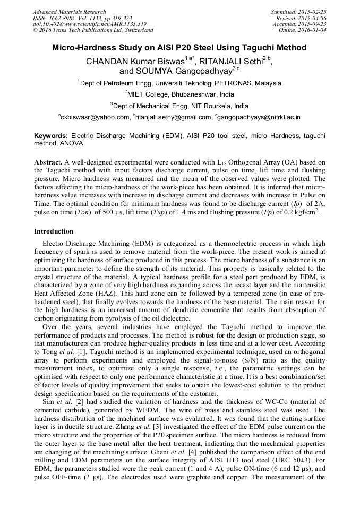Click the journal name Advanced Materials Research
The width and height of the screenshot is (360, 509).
[69, 12]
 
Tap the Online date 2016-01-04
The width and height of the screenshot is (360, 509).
[314, 30]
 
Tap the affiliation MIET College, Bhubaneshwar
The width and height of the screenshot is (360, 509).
[179, 94]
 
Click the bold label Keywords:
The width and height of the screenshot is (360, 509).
[51, 136]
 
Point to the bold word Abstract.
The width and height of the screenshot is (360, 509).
[48, 161]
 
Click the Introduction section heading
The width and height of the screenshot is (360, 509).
[54, 231]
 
